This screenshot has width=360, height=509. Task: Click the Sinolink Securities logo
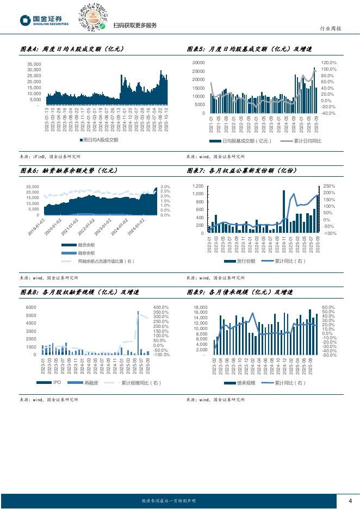44,21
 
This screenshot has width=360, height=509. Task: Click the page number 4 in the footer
350,501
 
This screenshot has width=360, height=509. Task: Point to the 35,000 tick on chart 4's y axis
34,64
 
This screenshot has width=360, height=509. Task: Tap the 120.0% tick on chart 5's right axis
328,63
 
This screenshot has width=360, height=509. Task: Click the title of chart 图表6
69,170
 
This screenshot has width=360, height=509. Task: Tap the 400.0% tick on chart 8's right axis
161,308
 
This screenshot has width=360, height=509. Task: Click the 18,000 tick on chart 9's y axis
200,307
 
